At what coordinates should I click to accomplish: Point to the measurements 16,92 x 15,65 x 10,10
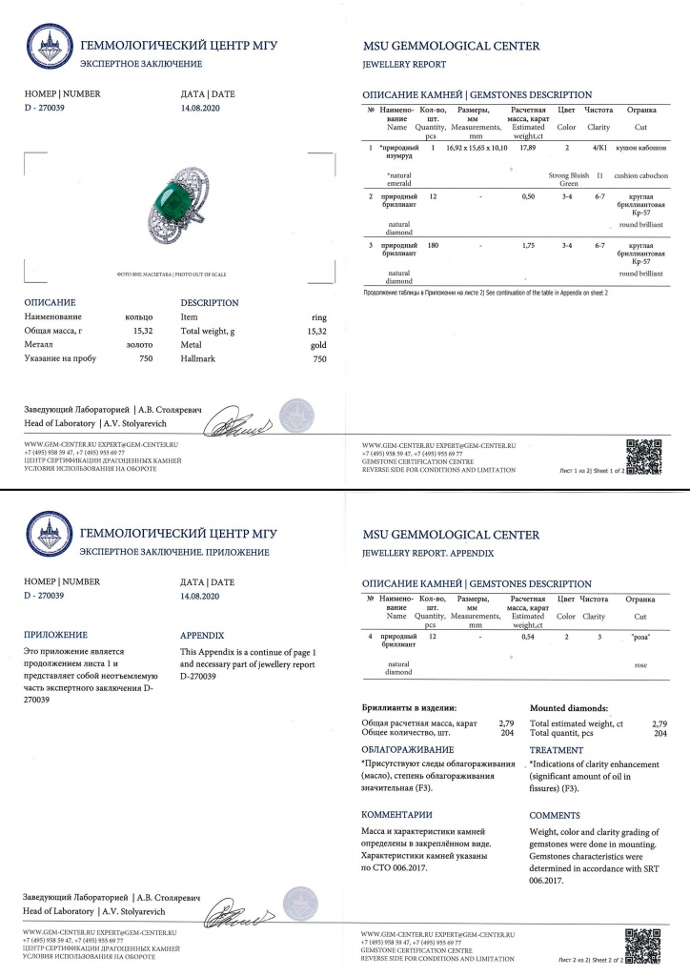[x=476, y=149]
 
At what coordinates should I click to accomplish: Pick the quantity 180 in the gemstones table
[x=433, y=245]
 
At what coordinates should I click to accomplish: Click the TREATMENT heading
[x=556, y=750]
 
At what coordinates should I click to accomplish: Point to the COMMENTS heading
[x=555, y=816]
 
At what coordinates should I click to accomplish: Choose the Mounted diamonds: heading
[x=574, y=709]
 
